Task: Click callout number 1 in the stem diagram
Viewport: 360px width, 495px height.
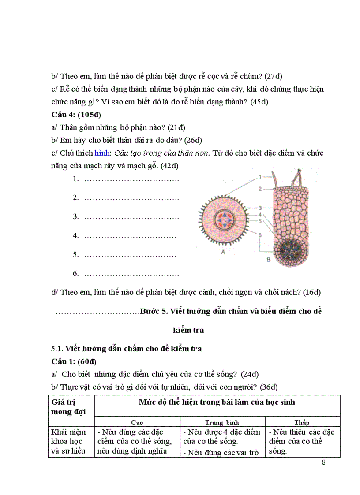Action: (x=260, y=177)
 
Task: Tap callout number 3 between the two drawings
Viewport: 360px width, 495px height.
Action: (x=260, y=207)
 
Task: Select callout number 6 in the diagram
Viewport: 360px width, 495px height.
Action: (x=260, y=235)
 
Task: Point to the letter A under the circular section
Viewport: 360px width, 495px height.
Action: (x=223, y=253)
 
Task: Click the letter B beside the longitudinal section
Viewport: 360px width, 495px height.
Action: (x=268, y=260)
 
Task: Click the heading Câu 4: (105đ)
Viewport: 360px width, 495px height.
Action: (x=76, y=115)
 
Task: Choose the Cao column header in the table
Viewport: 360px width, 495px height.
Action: (x=137, y=422)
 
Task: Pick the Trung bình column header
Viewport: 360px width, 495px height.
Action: (x=222, y=422)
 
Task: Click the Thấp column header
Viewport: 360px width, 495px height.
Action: (x=302, y=422)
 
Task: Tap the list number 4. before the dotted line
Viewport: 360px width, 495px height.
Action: (x=75, y=235)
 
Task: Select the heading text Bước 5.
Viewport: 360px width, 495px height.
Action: (x=154, y=311)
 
